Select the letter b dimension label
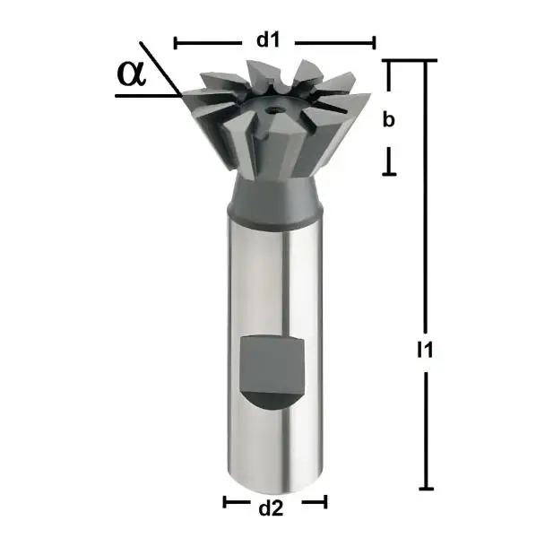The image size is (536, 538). click(389, 120)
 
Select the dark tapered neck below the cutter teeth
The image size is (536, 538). click(275, 196)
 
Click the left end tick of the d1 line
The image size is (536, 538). click(175, 41)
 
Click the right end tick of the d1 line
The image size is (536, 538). click(375, 41)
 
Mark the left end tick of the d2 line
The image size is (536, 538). click(224, 502)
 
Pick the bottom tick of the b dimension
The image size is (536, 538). click(389, 173)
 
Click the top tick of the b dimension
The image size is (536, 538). click(389, 61)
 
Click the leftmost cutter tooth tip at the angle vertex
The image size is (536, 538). click(183, 94)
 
